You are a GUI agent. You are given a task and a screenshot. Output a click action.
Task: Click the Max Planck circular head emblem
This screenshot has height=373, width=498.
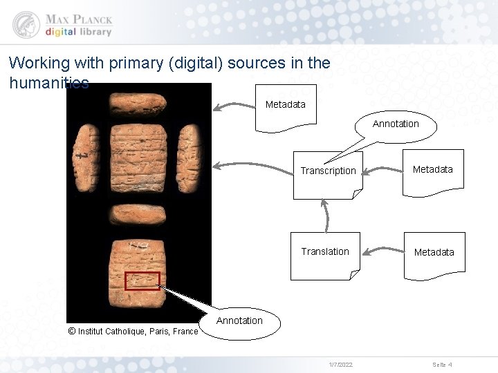point(26,25)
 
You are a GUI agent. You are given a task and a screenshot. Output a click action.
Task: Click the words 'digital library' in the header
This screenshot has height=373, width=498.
point(78,32)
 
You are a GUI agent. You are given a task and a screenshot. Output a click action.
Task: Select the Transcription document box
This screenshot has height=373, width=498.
point(328,173)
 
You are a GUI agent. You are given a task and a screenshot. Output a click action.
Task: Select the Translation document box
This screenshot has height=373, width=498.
point(325,254)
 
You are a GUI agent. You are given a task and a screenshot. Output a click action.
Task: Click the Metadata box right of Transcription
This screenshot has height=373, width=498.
point(432,172)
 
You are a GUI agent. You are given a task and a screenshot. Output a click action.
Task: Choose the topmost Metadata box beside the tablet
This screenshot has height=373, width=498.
point(285,107)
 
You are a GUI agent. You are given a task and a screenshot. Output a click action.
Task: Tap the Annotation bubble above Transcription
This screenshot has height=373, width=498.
point(396,125)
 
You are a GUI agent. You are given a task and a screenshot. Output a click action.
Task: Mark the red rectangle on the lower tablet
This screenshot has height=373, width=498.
point(142,280)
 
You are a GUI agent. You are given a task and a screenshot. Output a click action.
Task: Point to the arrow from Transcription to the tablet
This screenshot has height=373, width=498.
point(252,166)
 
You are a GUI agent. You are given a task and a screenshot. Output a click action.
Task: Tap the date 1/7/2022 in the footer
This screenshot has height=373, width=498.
point(341,364)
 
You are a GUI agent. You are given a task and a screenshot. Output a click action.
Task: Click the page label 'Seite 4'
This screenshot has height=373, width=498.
point(442,364)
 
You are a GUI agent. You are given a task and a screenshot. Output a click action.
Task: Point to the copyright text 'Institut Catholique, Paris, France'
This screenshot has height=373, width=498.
point(138,332)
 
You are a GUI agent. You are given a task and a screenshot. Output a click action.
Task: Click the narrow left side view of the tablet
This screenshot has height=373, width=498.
point(88,158)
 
